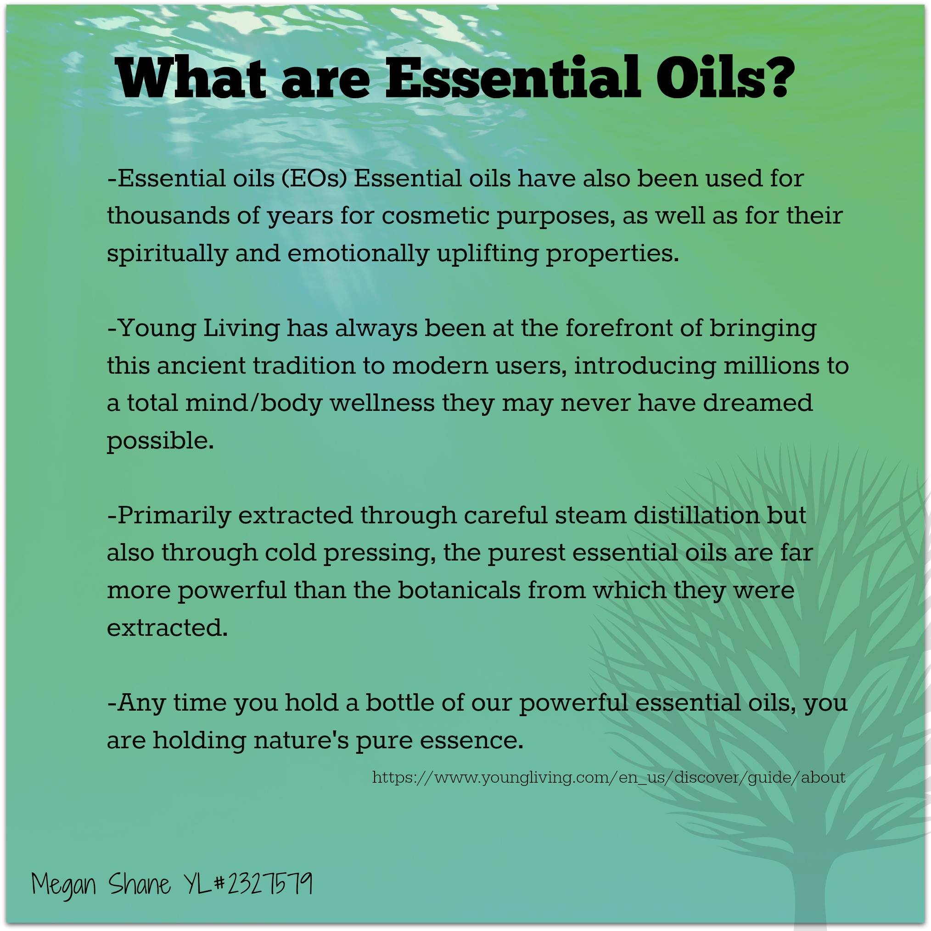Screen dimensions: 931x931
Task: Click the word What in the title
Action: (x=192, y=78)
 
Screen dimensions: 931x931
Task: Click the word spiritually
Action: (x=167, y=254)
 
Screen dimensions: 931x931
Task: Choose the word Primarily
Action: (x=174, y=516)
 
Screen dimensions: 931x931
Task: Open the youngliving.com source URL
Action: (x=609, y=778)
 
